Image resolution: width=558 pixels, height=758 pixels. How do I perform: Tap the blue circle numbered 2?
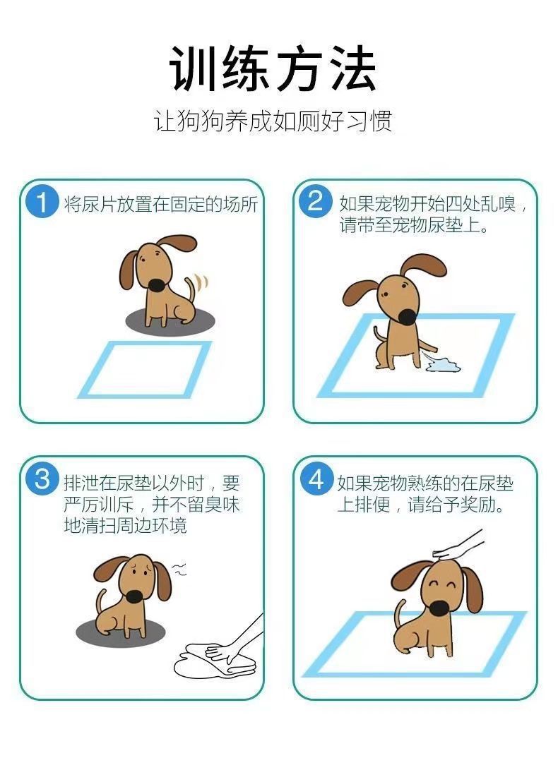pyautogui.click(x=315, y=200)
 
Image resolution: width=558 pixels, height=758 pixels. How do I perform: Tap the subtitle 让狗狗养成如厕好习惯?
pyautogui.click(x=273, y=121)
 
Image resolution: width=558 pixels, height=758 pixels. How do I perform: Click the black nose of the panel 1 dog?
pyautogui.click(x=156, y=285)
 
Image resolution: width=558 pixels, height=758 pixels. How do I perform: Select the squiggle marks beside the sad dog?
pyautogui.click(x=179, y=569)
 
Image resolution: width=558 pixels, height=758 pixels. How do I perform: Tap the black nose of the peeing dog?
pyautogui.click(x=407, y=316)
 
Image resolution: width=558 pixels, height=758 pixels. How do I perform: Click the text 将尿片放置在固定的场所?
pyautogui.click(x=161, y=205)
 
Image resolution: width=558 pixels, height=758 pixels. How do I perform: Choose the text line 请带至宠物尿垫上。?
pyautogui.click(x=414, y=225)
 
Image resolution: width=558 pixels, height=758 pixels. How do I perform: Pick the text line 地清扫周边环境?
pyautogui.click(x=125, y=526)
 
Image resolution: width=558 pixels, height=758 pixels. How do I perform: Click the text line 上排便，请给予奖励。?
pyautogui.click(x=421, y=505)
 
